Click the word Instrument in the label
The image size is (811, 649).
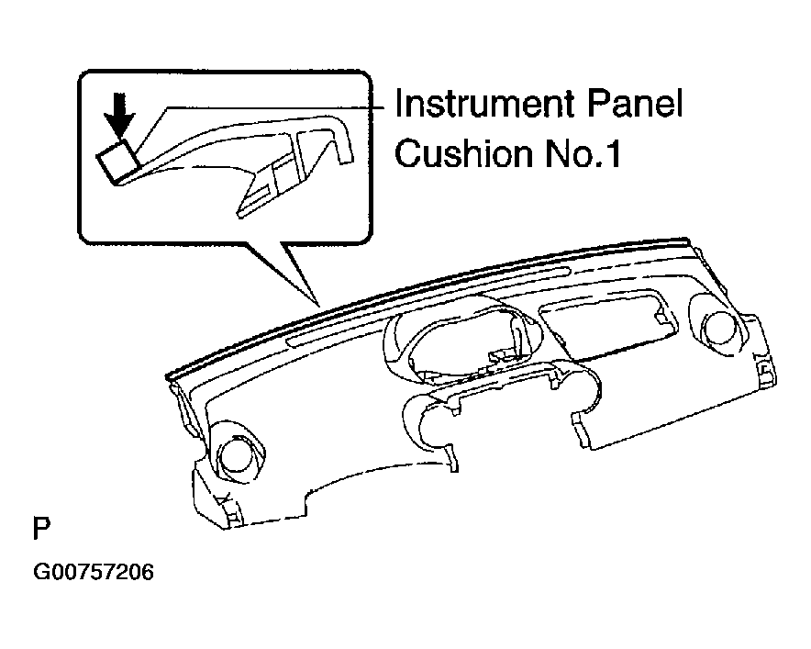coord(484,104)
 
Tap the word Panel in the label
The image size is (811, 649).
coord(635,104)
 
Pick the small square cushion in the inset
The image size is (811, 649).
coord(118,161)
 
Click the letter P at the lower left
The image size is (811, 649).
coord(42,528)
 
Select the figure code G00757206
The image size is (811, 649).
coord(94,573)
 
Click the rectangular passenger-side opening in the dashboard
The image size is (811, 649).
coord(606,323)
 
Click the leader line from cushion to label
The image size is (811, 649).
coord(259,108)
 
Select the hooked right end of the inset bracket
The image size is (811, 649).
coord(341,140)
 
